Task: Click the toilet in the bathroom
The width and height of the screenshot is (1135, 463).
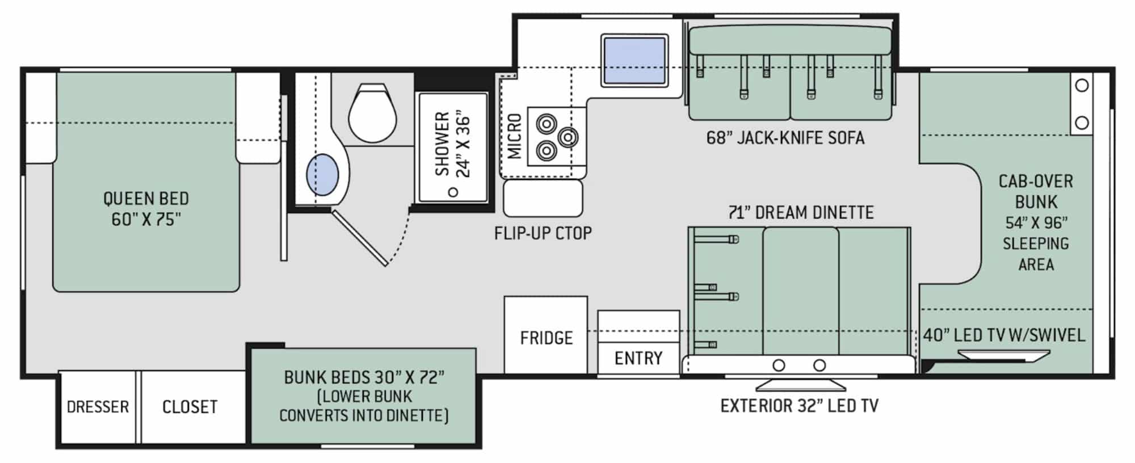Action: [372, 113]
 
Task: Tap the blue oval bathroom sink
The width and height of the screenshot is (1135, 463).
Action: [322, 174]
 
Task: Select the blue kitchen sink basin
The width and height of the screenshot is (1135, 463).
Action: [634, 60]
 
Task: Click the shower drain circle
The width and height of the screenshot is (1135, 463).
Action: [453, 192]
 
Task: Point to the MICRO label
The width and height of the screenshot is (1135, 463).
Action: [515, 136]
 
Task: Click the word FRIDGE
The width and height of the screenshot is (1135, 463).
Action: [547, 338]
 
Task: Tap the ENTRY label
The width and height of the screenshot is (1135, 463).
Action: [638, 359]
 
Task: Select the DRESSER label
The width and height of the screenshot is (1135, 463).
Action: [98, 407]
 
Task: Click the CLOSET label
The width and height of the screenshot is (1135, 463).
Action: [190, 407]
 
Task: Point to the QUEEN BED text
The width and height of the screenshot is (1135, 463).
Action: [146, 199]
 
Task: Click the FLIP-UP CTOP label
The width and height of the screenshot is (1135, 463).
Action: [543, 233]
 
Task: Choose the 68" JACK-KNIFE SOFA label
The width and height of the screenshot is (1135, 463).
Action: [785, 138]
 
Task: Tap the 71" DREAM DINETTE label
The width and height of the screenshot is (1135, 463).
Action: [801, 213]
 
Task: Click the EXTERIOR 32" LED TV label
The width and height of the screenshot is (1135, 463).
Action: [800, 406]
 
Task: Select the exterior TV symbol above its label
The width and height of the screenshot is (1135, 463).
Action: [801, 384]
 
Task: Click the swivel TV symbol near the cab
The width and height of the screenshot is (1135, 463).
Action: [1003, 355]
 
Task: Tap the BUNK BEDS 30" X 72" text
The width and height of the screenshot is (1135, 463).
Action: [364, 377]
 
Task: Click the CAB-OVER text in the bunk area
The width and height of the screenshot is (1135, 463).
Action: [1036, 182]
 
